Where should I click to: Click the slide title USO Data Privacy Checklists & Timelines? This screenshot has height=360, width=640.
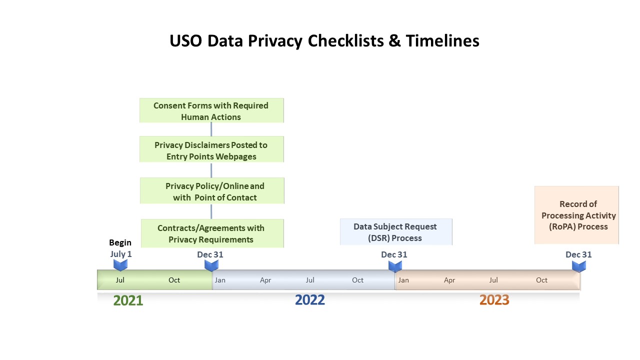click(x=324, y=40)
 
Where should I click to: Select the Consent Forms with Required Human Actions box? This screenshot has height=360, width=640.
click(x=211, y=111)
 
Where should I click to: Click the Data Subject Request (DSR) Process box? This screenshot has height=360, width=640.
click(x=395, y=232)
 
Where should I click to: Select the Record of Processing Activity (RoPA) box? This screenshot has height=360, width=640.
click(x=578, y=215)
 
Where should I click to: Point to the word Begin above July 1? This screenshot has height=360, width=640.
click(x=120, y=243)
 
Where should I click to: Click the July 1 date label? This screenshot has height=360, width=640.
click(x=121, y=254)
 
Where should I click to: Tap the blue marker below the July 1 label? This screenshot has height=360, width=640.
click(x=120, y=265)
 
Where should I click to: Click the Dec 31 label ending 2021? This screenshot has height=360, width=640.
click(x=210, y=254)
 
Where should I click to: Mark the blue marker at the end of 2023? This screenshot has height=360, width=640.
click(x=579, y=266)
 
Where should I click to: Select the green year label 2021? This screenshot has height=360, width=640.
click(x=128, y=300)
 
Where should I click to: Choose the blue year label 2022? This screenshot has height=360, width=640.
click(x=310, y=300)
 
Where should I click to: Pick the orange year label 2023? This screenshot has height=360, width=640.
click(x=494, y=300)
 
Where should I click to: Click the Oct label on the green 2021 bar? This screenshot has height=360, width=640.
click(x=174, y=280)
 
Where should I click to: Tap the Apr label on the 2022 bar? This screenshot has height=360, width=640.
click(x=265, y=280)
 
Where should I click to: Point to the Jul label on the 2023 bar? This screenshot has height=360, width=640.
click(x=493, y=280)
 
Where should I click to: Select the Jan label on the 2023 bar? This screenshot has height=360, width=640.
click(x=403, y=280)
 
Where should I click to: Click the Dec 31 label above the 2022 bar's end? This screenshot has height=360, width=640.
click(x=394, y=254)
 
